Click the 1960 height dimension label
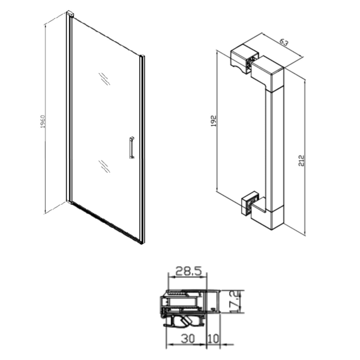pyautogui.click(x=43, y=121)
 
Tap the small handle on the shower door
pyautogui.click(x=132, y=148)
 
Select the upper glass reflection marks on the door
pyautogui.click(x=104, y=79)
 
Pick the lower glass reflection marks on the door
pyautogui.click(x=104, y=166)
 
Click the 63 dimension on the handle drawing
pyautogui.click(x=284, y=43)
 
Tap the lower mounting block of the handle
pyautogui.click(x=250, y=203)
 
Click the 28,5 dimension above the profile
pyautogui.click(x=188, y=271)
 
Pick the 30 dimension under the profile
pyautogui.click(x=188, y=338)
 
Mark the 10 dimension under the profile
pyautogui.click(x=214, y=338)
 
